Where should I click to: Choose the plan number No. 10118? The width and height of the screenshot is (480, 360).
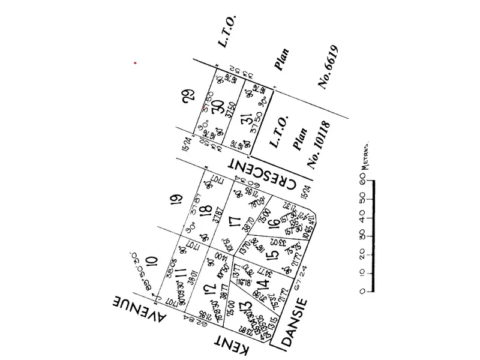[319, 144]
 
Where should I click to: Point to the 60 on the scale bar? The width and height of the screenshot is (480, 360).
[362, 178]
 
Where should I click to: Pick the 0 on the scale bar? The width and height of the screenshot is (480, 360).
[362, 292]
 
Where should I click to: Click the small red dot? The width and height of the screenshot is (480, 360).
[136, 62]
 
